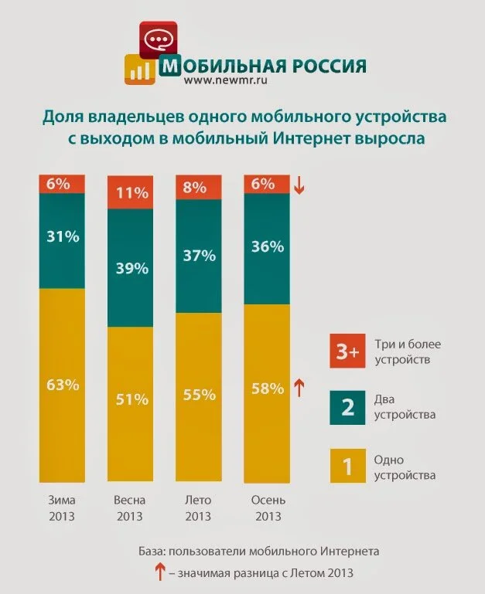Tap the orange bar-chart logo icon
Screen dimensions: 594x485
coord(139,70)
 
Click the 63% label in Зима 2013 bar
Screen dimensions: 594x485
coord(62,384)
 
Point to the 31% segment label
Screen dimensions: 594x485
coord(62,237)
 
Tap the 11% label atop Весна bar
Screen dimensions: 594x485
coord(128,193)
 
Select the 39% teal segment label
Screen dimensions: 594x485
coord(128,268)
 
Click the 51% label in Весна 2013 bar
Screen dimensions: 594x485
coord(128,399)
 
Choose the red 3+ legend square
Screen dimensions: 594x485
coord(347,352)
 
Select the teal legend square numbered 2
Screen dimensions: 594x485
coord(347,407)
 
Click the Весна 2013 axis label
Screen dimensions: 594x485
coord(129,507)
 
